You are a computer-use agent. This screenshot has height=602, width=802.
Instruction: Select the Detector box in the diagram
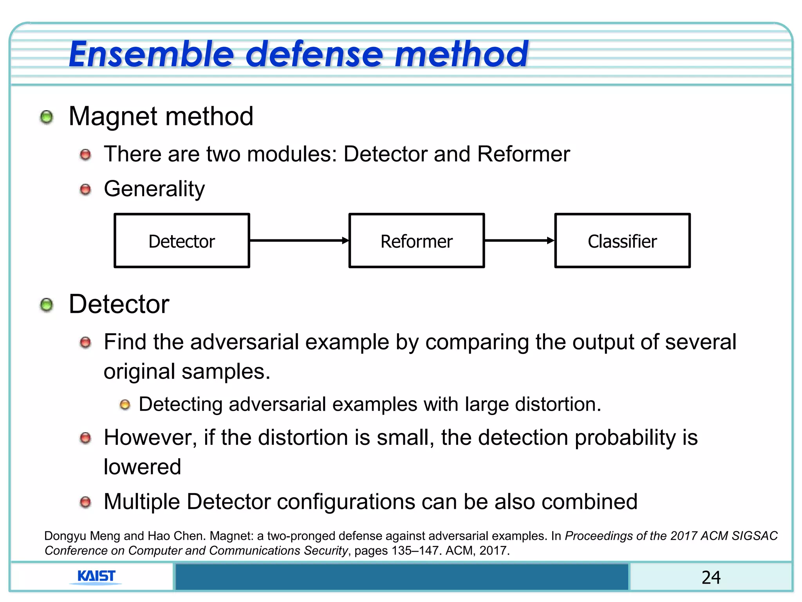[182, 241]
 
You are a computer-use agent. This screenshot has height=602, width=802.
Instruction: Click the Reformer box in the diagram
[416, 241]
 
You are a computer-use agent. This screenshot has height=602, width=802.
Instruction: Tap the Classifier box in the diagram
[622, 241]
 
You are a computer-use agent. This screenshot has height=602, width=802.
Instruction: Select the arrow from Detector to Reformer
[299, 240]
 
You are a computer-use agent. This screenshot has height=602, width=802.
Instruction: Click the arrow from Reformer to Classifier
[519, 240]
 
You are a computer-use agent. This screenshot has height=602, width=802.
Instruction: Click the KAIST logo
[96, 576]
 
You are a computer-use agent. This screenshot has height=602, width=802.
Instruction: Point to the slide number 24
[711, 577]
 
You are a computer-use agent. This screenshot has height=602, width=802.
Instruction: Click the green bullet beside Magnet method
[47, 117]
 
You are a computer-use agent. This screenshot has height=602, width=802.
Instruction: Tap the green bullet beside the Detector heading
[47, 305]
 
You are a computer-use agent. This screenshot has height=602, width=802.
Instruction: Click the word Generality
[154, 189]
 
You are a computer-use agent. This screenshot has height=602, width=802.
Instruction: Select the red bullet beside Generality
[85, 190]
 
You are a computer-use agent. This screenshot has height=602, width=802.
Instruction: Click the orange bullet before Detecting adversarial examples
[125, 404]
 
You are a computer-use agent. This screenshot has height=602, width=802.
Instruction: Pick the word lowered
[142, 467]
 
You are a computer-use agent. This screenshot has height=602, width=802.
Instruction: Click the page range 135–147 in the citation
[416, 551]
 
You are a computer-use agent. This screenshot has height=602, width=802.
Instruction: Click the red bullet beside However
[85, 438]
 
